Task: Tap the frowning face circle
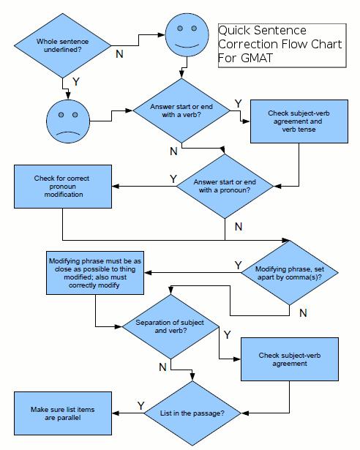click(x=67, y=120)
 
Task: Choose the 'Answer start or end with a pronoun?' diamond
click(x=224, y=186)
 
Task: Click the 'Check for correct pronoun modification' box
click(x=62, y=186)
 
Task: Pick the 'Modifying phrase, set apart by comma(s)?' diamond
click(x=290, y=273)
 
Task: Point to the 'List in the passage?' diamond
click(x=192, y=413)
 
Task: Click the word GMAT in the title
click(x=250, y=59)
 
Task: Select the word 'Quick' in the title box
click(x=236, y=31)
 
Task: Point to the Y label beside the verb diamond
click(x=238, y=103)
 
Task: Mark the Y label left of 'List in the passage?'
click(x=140, y=405)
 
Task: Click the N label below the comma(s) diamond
click(x=303, y=312)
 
